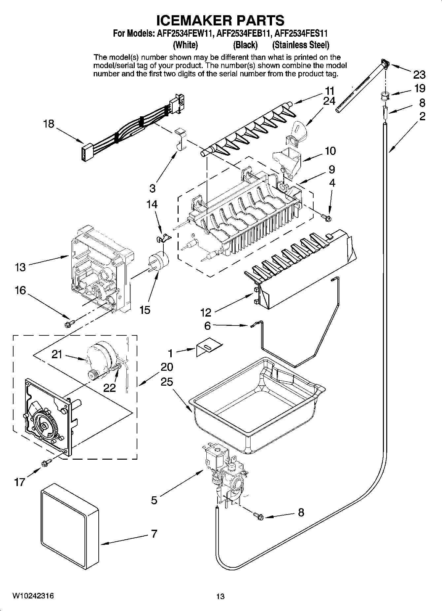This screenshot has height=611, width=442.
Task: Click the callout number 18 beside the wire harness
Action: pyautogui.click(x=49, y=124)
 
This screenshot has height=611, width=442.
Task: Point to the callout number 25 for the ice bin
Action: pyautogui.click(x=167, y=382)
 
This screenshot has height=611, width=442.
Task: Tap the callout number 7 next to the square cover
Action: pyautogui.click(x=154, y=534)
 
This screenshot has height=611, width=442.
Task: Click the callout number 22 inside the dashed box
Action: pyautogui.click(x=109, y=387)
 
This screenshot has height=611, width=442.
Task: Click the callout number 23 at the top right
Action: pyautogui.click(x=419, y=75)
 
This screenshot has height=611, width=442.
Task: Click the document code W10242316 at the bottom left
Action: pyautogui.click(x=33, y=596)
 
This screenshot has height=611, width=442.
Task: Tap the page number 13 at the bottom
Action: pyautogui.click(x=220, y=596)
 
